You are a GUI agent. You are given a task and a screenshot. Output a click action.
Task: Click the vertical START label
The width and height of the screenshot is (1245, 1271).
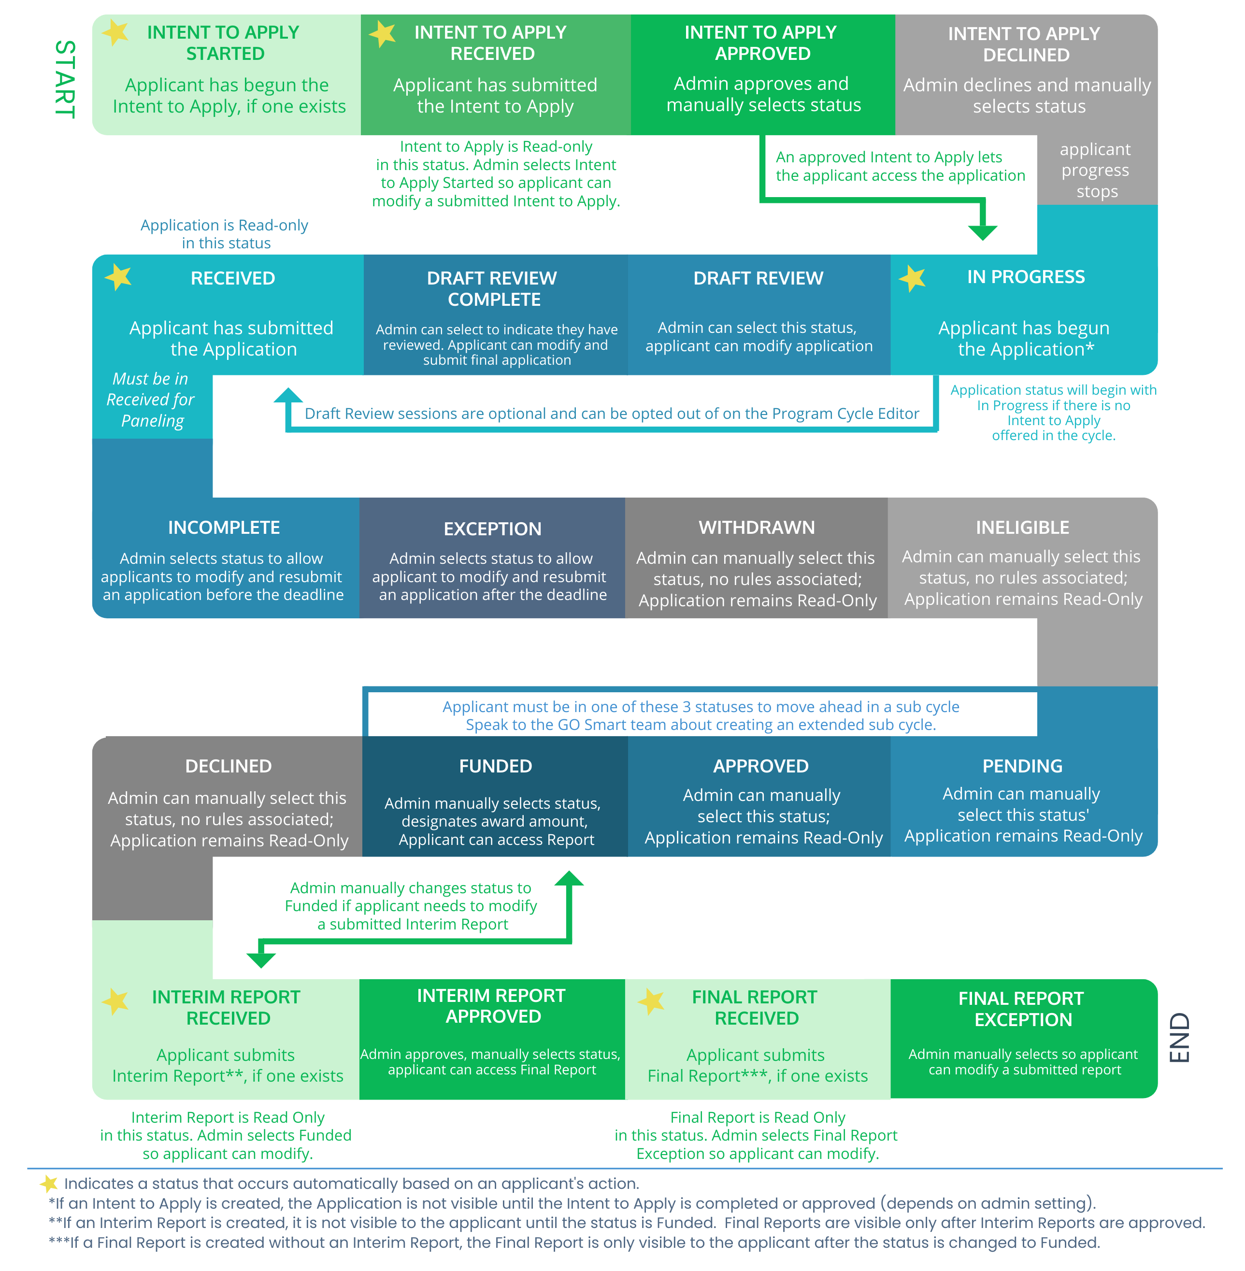[x=65, y=79]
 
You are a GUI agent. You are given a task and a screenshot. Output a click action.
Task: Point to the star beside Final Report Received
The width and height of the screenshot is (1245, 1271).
[x=651, y=1001]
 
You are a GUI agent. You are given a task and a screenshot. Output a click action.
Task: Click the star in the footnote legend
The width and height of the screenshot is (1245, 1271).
[x=49, y=1184]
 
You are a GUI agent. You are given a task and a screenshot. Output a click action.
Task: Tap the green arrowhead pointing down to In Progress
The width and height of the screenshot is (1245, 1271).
[x=982, y=232]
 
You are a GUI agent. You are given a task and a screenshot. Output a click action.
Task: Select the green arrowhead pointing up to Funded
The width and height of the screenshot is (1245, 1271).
[x=569, y=878]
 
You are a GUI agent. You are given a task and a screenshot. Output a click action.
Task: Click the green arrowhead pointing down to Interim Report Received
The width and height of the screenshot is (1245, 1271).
[x=261, y=960]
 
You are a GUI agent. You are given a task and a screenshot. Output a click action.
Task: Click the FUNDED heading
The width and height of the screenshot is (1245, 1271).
[x=495, y=766]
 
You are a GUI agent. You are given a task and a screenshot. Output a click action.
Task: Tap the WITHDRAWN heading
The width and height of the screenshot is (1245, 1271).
[x=757, y=528]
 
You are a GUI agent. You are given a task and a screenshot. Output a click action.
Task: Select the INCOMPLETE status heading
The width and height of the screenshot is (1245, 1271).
[x=224, y=528]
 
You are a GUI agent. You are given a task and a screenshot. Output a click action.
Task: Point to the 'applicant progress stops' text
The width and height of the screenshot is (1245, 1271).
[x=1095, y=171]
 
